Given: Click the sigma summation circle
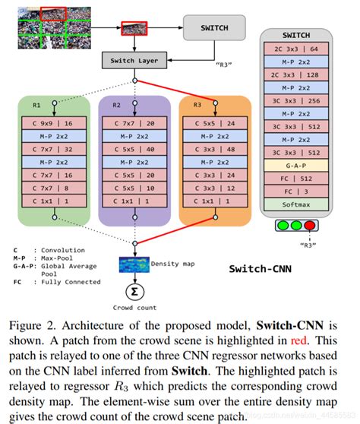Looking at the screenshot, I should click(134, 293).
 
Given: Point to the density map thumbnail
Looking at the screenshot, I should click(134, 264).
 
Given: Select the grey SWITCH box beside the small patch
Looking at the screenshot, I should click(213, 28).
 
